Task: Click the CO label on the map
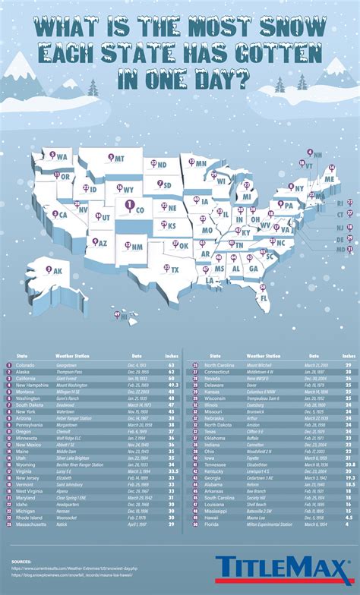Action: (139, 206)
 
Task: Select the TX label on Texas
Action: (175, 269)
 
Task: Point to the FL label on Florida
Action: (264, 298)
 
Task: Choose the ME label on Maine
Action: (329, 178)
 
